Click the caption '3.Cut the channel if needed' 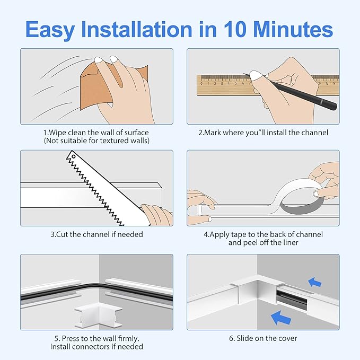[96, 234]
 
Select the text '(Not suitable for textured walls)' [96, 140]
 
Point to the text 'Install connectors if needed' [96, 347]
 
